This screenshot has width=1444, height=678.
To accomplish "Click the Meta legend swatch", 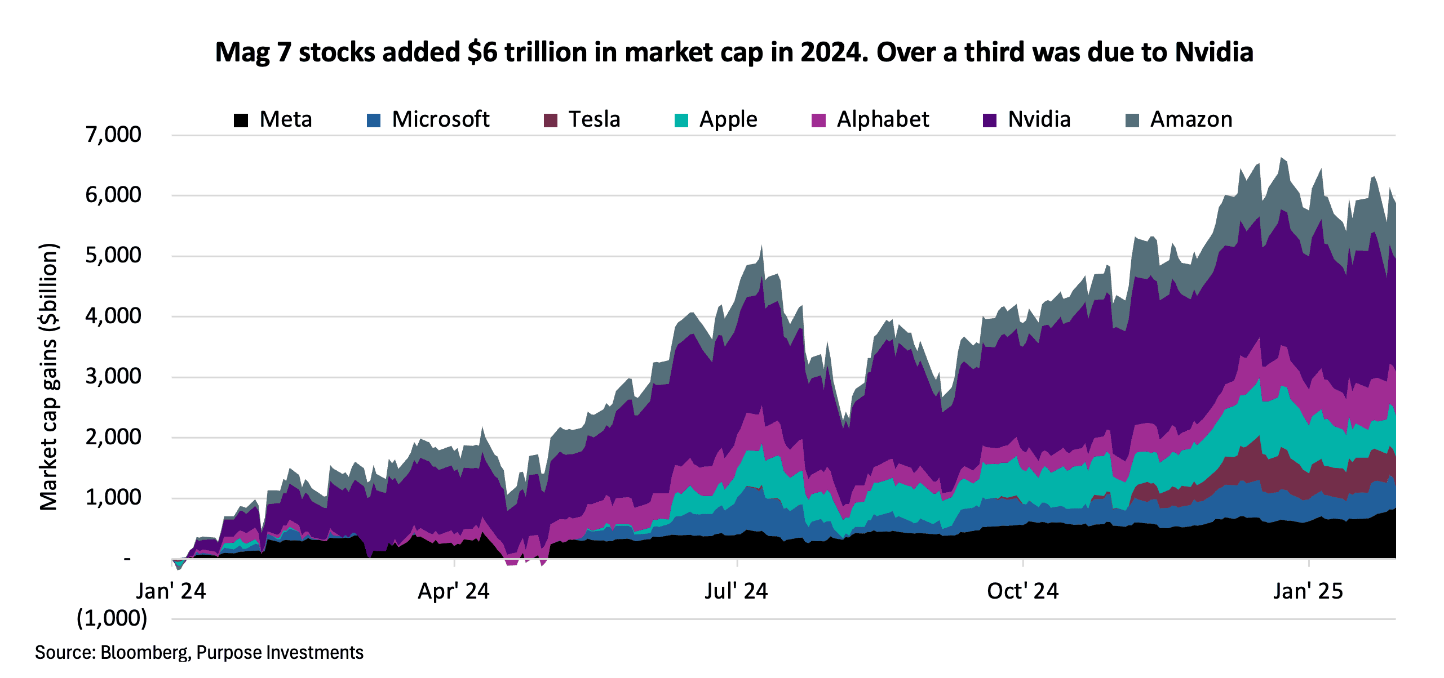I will click(x=241, y=121).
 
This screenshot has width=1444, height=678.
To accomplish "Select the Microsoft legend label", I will click(x=440, y=119).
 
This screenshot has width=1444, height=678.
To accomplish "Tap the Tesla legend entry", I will click(x=593, y=119).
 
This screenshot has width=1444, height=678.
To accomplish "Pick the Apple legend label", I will click(x=728, y=119).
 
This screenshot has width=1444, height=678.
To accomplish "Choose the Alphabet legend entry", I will click(x=882, y=119).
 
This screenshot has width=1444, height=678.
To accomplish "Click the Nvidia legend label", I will click(x=1039, y=119).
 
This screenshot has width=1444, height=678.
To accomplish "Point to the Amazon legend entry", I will click(x=1191, y=119).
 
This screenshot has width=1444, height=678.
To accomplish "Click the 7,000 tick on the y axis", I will click(x=113, y=135).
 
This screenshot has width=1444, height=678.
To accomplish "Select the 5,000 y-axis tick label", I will click(x=113, y=256).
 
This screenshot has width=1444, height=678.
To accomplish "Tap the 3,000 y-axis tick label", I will click(x=113, y=377).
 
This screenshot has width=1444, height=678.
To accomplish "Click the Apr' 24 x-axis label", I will click(x=454, y=591).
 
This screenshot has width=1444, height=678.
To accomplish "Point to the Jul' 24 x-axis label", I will click(x=736, y=591).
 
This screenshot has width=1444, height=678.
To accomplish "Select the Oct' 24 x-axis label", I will click(x=1022, y=591).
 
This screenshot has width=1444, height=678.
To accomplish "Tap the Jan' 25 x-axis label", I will click(x=1308, y=591).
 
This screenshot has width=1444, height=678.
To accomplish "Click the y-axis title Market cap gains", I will click(x=49, y=377).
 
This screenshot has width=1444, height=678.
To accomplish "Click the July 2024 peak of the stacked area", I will click(x=761, y=246).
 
